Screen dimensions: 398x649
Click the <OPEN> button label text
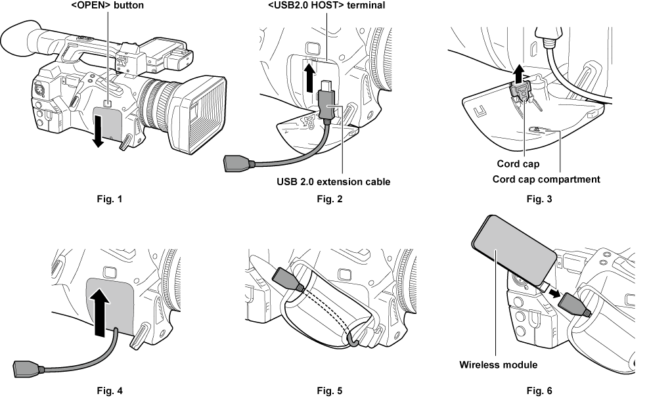[x=106, y=6]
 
